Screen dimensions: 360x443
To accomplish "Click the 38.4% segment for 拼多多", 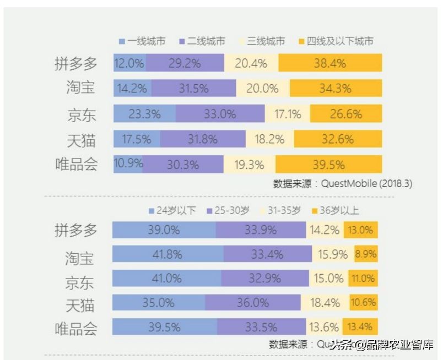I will pyautogui.click(x=330, y=63).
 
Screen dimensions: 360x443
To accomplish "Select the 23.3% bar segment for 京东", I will pyautogui.click(x=145, y=114).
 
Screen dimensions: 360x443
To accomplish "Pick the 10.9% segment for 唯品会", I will pyautogui.click(x=128, y=164).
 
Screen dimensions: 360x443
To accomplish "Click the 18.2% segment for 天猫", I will pyautogui.click(x=269, y=139).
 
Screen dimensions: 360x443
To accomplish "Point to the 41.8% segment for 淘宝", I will pyautogui.click(x=168, y=254).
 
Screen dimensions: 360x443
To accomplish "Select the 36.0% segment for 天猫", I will pyautogui.click(x=253, y=302).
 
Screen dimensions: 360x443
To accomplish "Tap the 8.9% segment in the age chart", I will pyautogui.click(x=366, y=254).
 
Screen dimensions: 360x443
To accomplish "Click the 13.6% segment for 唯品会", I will pyautogui.click(x=323, y=327).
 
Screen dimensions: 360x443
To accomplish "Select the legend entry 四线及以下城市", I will pyautogui.click(x=340, y=41).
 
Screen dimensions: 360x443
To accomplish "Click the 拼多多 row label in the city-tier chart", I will pyautogui.click(x=76, y=63).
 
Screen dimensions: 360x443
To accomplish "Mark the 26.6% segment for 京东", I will pyautogui.click(x=345, y=114).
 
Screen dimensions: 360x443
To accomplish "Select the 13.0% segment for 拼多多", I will pyautogui.click(x=361, y=230).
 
